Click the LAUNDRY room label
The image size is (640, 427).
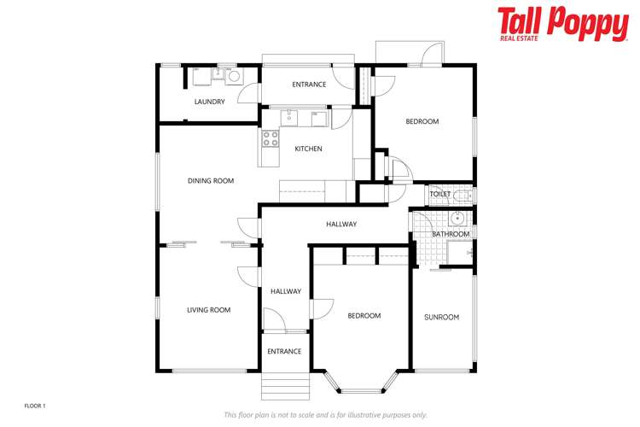coord(209,102)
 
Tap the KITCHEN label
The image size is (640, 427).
coord(308,149)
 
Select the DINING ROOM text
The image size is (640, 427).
coord(211,181)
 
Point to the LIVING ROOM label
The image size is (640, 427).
coord(209,310)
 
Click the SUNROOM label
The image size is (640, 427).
coord(441,318)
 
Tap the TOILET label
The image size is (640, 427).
coord(439,194)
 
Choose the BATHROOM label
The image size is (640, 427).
coord(450,234)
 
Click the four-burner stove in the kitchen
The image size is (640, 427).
coord(271,138)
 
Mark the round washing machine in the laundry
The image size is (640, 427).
coord(233,76)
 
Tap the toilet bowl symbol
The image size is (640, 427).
coord(462,195)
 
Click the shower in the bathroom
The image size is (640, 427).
coord(460,253)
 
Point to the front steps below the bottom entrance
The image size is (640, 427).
coord(284,386)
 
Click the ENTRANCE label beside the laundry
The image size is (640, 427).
coord(309,85)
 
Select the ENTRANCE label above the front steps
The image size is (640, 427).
coord(284,352)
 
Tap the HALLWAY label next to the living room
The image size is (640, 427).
coord(286,291)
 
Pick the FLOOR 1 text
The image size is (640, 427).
coord(34,405)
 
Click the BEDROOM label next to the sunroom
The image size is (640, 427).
coord(364,316)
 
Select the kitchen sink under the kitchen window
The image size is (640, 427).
coord(290,117)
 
